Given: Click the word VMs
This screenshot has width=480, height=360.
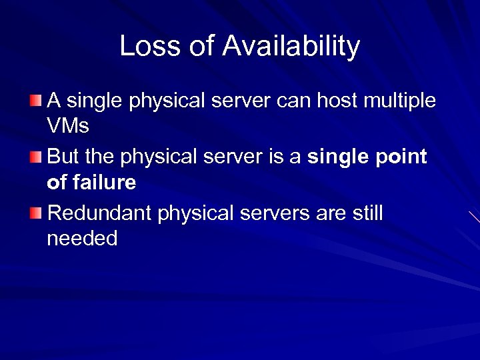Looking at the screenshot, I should tap(68, 126).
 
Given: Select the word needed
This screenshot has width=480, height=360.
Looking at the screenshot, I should tap(82, 239).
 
